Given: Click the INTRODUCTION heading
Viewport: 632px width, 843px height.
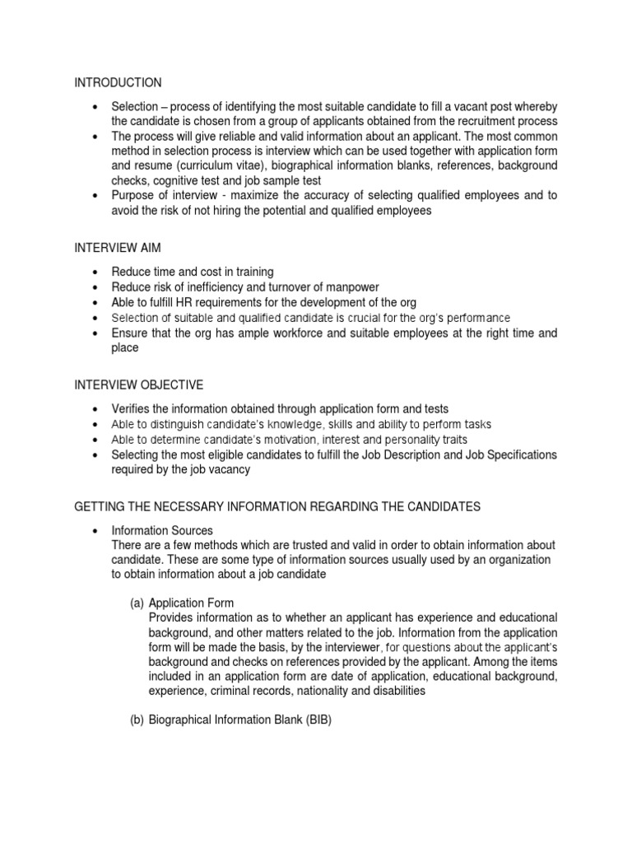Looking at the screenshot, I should pyautogui.click(x=118, y=83).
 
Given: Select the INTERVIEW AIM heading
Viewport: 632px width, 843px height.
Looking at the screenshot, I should pyautogui.click(x=118, y=247).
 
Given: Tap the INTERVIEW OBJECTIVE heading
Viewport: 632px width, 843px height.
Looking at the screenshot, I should pyautogui.click(x=138, y=385).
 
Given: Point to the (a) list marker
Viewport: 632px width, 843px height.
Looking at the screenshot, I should pyautogui.click(x=137, y=603).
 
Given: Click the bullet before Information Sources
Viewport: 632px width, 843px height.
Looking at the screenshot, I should pyautogui.click(x=96, y=531).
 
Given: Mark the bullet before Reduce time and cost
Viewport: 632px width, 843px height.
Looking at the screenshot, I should pyautogui.click(x=96, y=272).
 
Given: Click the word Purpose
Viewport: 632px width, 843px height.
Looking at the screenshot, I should pyautogui.click(x=132, y=195).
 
